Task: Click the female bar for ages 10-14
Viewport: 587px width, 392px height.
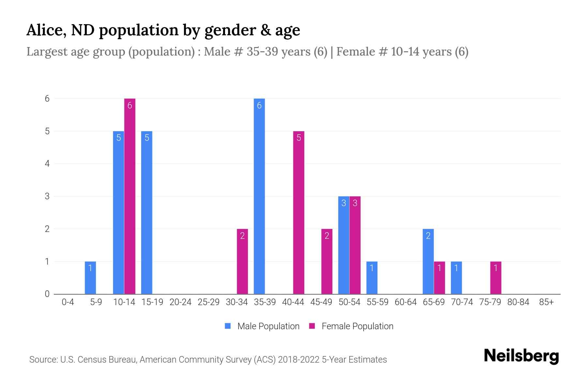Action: pyautogui.click(x=130, y=196)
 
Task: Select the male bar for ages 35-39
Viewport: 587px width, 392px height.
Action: pyautogui.click(x=259, y=196)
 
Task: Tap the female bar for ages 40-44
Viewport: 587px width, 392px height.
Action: pyautogui.click(x=299, y=212)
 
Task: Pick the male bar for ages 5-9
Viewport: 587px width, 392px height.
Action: pyautogui.click(x=90, y=278)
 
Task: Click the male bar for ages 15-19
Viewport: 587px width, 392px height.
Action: pyautogui.click(x=147, y=212)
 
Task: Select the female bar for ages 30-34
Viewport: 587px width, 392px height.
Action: pyautogui.click(x=242, y=261)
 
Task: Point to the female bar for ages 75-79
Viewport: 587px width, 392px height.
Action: pyautogui.click(x=496, y=278)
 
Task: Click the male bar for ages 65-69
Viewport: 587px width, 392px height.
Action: pyautogui.click(x=428, y=261)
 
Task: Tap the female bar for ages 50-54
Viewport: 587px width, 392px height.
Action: pyautogui.click(x=355, y=245)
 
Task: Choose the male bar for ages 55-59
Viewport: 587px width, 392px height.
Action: pyautogui.click(x=372, y=278)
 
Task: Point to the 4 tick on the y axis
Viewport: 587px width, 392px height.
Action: pyautogui.click(x=48, y=164)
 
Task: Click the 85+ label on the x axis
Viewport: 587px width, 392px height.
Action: pyautogui.click(x=546, y=302)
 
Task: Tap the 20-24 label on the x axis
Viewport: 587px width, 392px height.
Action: pyautogui.click(x=180, y=302)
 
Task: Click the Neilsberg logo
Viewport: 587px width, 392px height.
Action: pyautogui.click(x=521, y=356)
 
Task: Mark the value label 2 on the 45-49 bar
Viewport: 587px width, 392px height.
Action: pyautogui.click(x=327, y=236)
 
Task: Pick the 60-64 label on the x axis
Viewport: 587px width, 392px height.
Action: pyautogui.click(x=405, y=302)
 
